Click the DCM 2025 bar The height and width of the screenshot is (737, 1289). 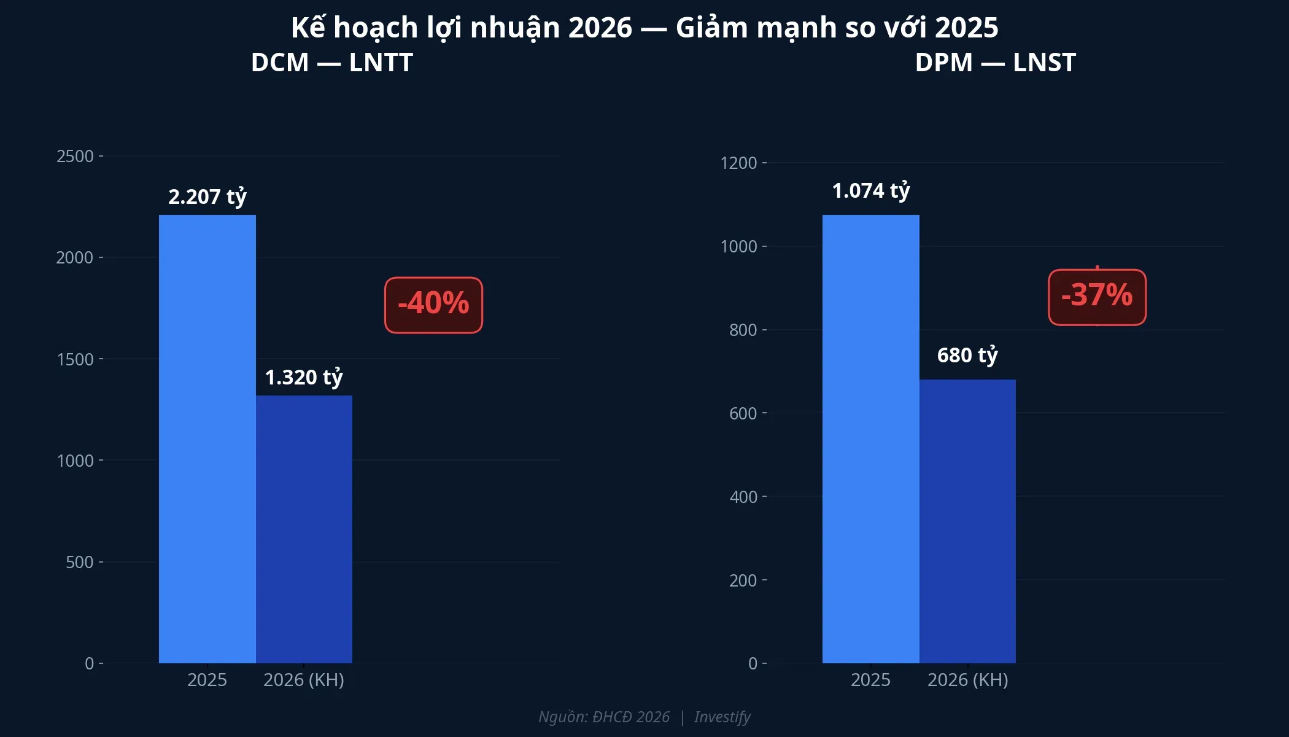207,439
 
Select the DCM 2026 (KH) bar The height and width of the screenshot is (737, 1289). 304,529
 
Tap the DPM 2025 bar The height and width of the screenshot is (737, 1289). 870,439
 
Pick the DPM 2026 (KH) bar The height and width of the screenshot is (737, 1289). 967,521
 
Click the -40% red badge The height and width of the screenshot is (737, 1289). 433,305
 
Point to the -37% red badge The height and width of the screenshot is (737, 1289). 1097,297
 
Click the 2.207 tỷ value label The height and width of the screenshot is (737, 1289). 207,197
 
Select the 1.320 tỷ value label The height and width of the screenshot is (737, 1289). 304,377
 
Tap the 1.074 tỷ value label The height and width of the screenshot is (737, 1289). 870,191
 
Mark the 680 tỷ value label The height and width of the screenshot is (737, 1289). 967,355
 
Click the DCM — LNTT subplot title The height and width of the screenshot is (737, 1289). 331,63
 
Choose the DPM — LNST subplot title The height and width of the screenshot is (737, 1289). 995,63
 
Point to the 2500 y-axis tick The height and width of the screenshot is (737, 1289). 75,156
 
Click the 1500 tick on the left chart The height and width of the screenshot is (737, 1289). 75,359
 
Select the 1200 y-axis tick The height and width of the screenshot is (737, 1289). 738,163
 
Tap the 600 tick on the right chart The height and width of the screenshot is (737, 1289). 743,413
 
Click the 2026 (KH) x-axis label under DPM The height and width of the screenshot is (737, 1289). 967,680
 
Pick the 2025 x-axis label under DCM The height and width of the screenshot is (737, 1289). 207,680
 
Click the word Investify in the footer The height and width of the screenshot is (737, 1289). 722,717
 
